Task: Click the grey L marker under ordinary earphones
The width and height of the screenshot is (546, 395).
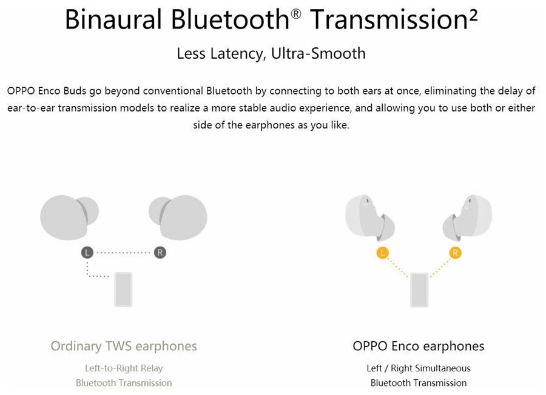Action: (87, 253)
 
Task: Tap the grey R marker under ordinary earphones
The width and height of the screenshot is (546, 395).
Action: (160, 253)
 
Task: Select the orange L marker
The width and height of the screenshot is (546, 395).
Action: (382, 253)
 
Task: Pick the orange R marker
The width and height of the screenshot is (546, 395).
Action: (455, 253)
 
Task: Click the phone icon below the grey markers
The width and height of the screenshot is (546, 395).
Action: (123, 289)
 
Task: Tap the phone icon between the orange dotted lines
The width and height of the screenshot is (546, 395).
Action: (419, 289)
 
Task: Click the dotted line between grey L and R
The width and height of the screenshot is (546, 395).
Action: (123, 253)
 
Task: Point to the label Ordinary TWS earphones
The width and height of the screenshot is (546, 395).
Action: (124, 346)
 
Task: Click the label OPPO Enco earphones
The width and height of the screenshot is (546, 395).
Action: (419, 346)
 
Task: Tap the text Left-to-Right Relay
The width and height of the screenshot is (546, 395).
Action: (124, 368)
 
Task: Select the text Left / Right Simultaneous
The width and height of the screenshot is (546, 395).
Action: (419, 368)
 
